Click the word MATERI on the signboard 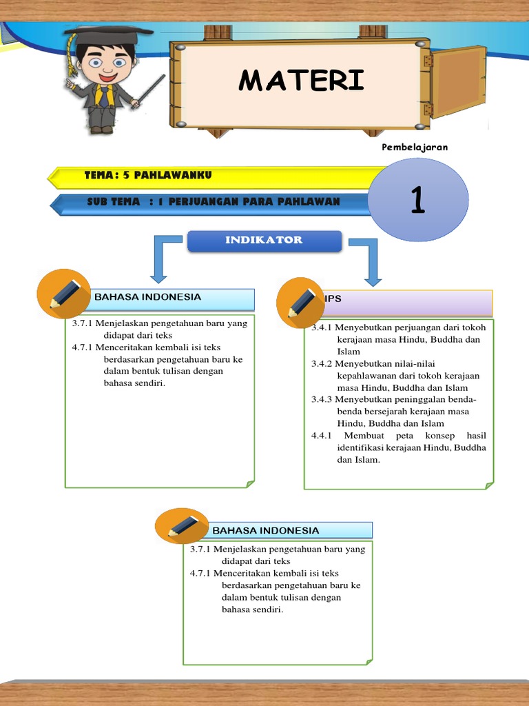(x=301, y=81)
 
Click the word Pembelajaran (x=415, y=147)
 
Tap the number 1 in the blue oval (x=417, y=201)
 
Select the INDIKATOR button (x=264, y=241)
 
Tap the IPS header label (x=333, y=299)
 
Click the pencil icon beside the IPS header (x=302, y=303)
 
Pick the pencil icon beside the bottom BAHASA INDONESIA (x=183, y=527)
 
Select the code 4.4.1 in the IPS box (x=322, y=436)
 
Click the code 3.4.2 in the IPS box (x=322, y=363)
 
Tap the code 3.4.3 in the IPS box (x=322, y=399)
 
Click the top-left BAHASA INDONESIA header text (x=147, y=297)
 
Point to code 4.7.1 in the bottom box (x=200, y=573)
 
